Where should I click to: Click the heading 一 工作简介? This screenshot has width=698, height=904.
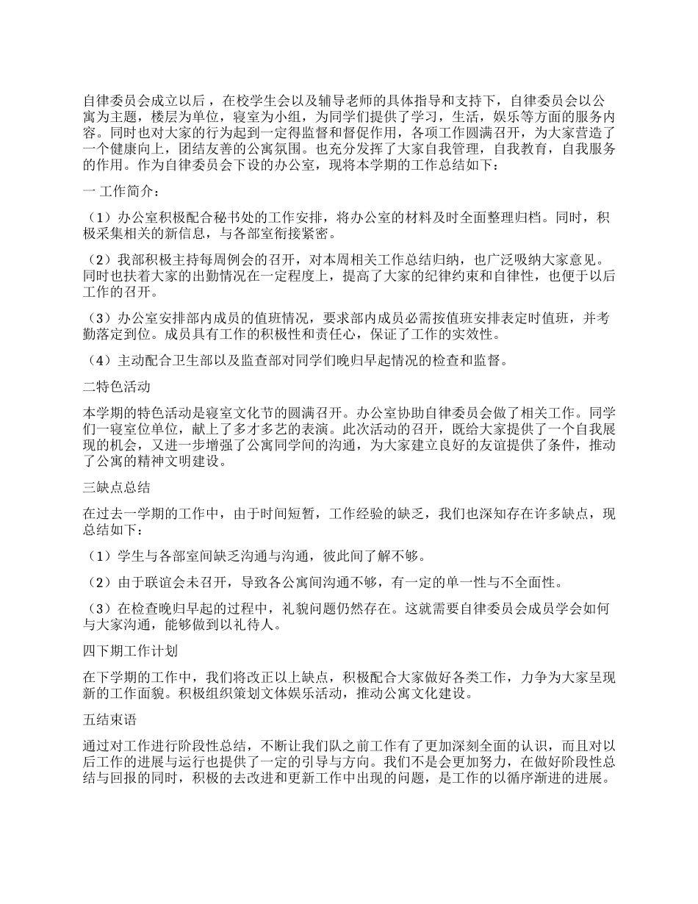point(118,191)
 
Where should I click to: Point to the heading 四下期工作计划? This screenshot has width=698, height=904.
point(129,651)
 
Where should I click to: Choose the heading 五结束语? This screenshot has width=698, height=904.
point(109,720)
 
